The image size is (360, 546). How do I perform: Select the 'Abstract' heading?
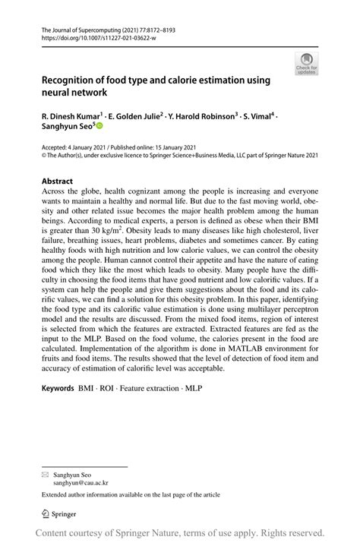(58, 181)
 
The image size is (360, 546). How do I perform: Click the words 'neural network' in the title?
(74, 92)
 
